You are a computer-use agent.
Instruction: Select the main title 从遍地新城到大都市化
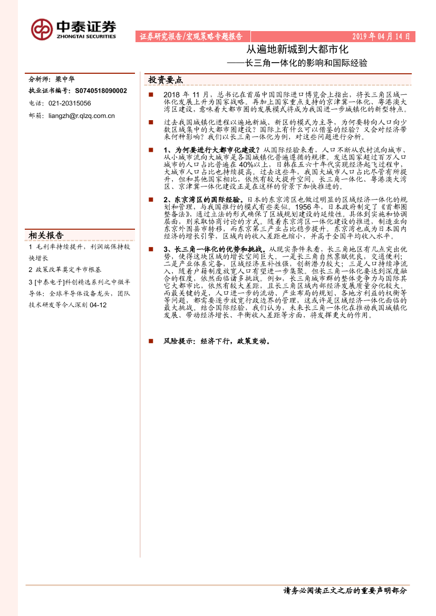click(298, 51)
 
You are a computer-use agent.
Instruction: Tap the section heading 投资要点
click(166, 80)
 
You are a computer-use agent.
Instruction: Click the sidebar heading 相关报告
click(47, 235)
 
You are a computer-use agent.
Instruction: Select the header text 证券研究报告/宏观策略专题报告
click(191, 36)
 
